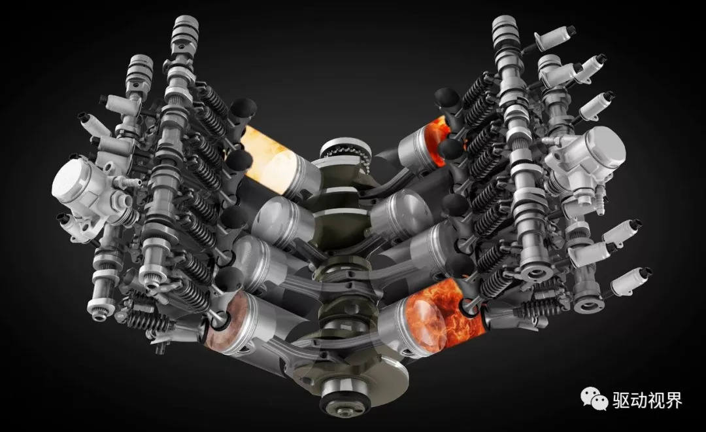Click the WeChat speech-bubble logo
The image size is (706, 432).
click(594, 398)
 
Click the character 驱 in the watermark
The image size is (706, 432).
click(621, 399)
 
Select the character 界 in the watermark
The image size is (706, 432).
click(673, 399)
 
